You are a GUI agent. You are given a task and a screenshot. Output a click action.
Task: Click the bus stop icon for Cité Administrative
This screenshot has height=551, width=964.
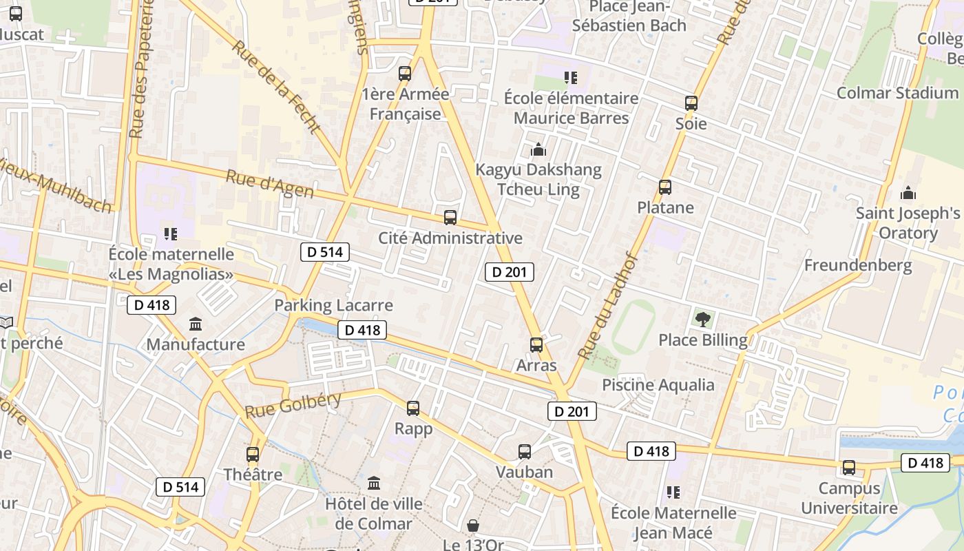[x=450, y=218]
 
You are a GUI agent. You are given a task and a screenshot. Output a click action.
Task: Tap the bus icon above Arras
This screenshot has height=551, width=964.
[x=536, y=345]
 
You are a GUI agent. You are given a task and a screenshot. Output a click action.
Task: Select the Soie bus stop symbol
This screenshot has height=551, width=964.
[x=691, y=103]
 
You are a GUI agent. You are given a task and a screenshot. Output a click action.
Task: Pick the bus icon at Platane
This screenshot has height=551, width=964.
[x=665, y=187]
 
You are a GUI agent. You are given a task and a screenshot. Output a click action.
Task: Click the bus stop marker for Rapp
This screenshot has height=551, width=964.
[x=413, y=408]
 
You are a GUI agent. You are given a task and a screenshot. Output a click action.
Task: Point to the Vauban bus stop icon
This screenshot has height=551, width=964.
[x=525, y=452]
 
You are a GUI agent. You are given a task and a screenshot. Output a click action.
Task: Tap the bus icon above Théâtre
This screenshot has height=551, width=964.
[x=253, y=455]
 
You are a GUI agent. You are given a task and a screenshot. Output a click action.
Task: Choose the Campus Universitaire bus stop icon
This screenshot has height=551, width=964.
[x=849, y=468]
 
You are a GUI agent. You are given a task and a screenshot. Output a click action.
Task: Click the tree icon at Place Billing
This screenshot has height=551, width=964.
[x=702, y=319]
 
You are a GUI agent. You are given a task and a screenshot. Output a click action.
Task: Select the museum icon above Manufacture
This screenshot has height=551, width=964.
[x=196, y=324]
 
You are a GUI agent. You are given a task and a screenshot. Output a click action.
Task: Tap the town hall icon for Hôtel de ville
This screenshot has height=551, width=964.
[x=374, y=484]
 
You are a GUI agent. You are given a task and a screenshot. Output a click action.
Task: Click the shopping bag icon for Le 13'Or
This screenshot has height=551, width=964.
[x=473, y=526]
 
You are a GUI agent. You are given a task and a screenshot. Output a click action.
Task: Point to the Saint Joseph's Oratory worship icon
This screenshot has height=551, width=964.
[x=908, y=193]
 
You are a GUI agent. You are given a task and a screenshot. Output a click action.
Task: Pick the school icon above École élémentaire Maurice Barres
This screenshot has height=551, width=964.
[x=570, y=77]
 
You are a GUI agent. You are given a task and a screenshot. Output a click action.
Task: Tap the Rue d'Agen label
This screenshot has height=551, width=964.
[x=269, y=185]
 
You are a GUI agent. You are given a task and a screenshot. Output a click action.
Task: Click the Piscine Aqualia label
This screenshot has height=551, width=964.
[x=658, y=384]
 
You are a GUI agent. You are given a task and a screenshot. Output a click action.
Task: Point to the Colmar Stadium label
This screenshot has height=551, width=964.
[x=897, y=92]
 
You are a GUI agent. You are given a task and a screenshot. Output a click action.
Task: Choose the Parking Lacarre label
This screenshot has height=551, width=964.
[x=333, y=305]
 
